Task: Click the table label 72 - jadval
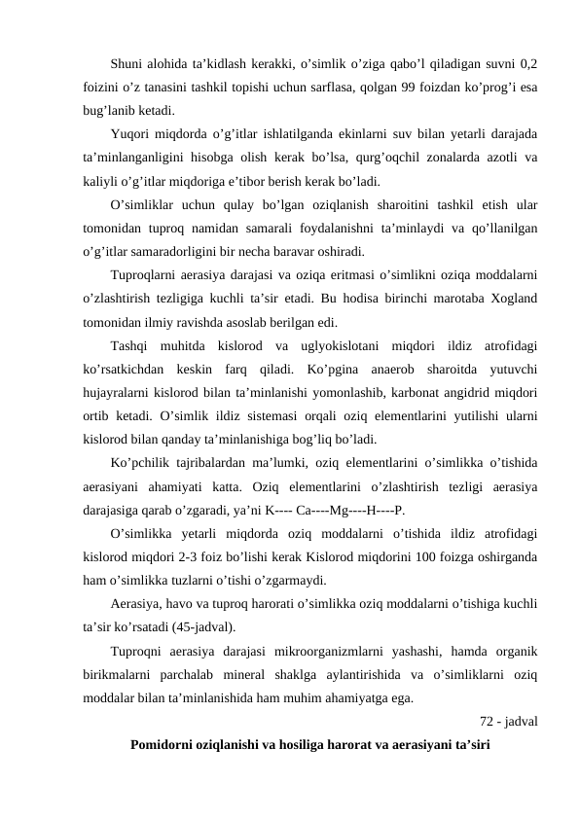pos(510,721)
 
